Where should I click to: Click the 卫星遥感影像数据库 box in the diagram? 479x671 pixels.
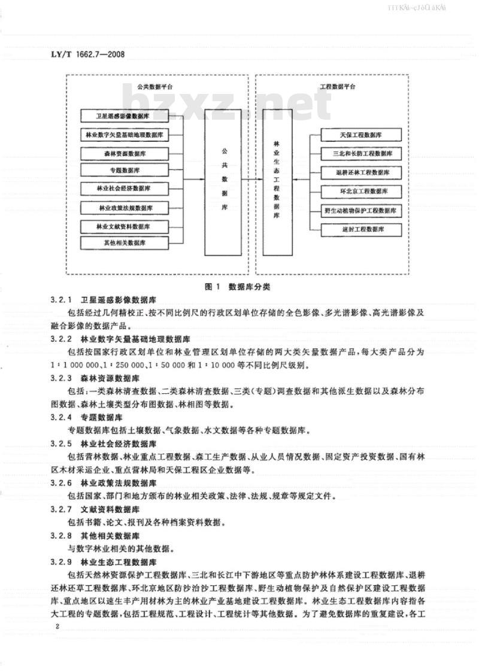coord(125,116)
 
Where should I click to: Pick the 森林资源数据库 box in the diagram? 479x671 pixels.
coord(125,153)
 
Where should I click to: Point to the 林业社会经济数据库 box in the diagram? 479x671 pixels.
coord(125,189)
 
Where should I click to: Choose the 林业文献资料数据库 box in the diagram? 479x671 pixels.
coord(125,226)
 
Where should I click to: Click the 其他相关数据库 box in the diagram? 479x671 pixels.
coord(125,243)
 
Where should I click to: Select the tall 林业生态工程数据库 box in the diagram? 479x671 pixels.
coord(276,179)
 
